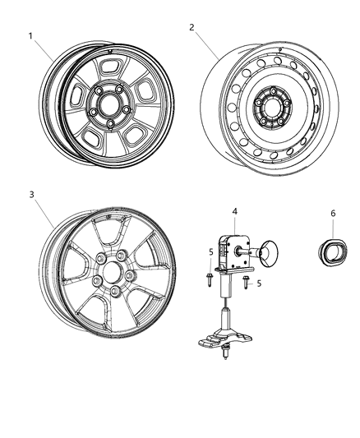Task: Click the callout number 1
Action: click(30, 36)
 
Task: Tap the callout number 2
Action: click(192, 27)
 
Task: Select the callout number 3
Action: click(31, 195)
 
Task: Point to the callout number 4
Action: click(234, 212)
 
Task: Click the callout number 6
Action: click(333, 213)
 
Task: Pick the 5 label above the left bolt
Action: click(210, 251)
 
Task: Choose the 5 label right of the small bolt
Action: click(260, 284)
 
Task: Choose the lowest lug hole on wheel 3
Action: click(113, 294)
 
